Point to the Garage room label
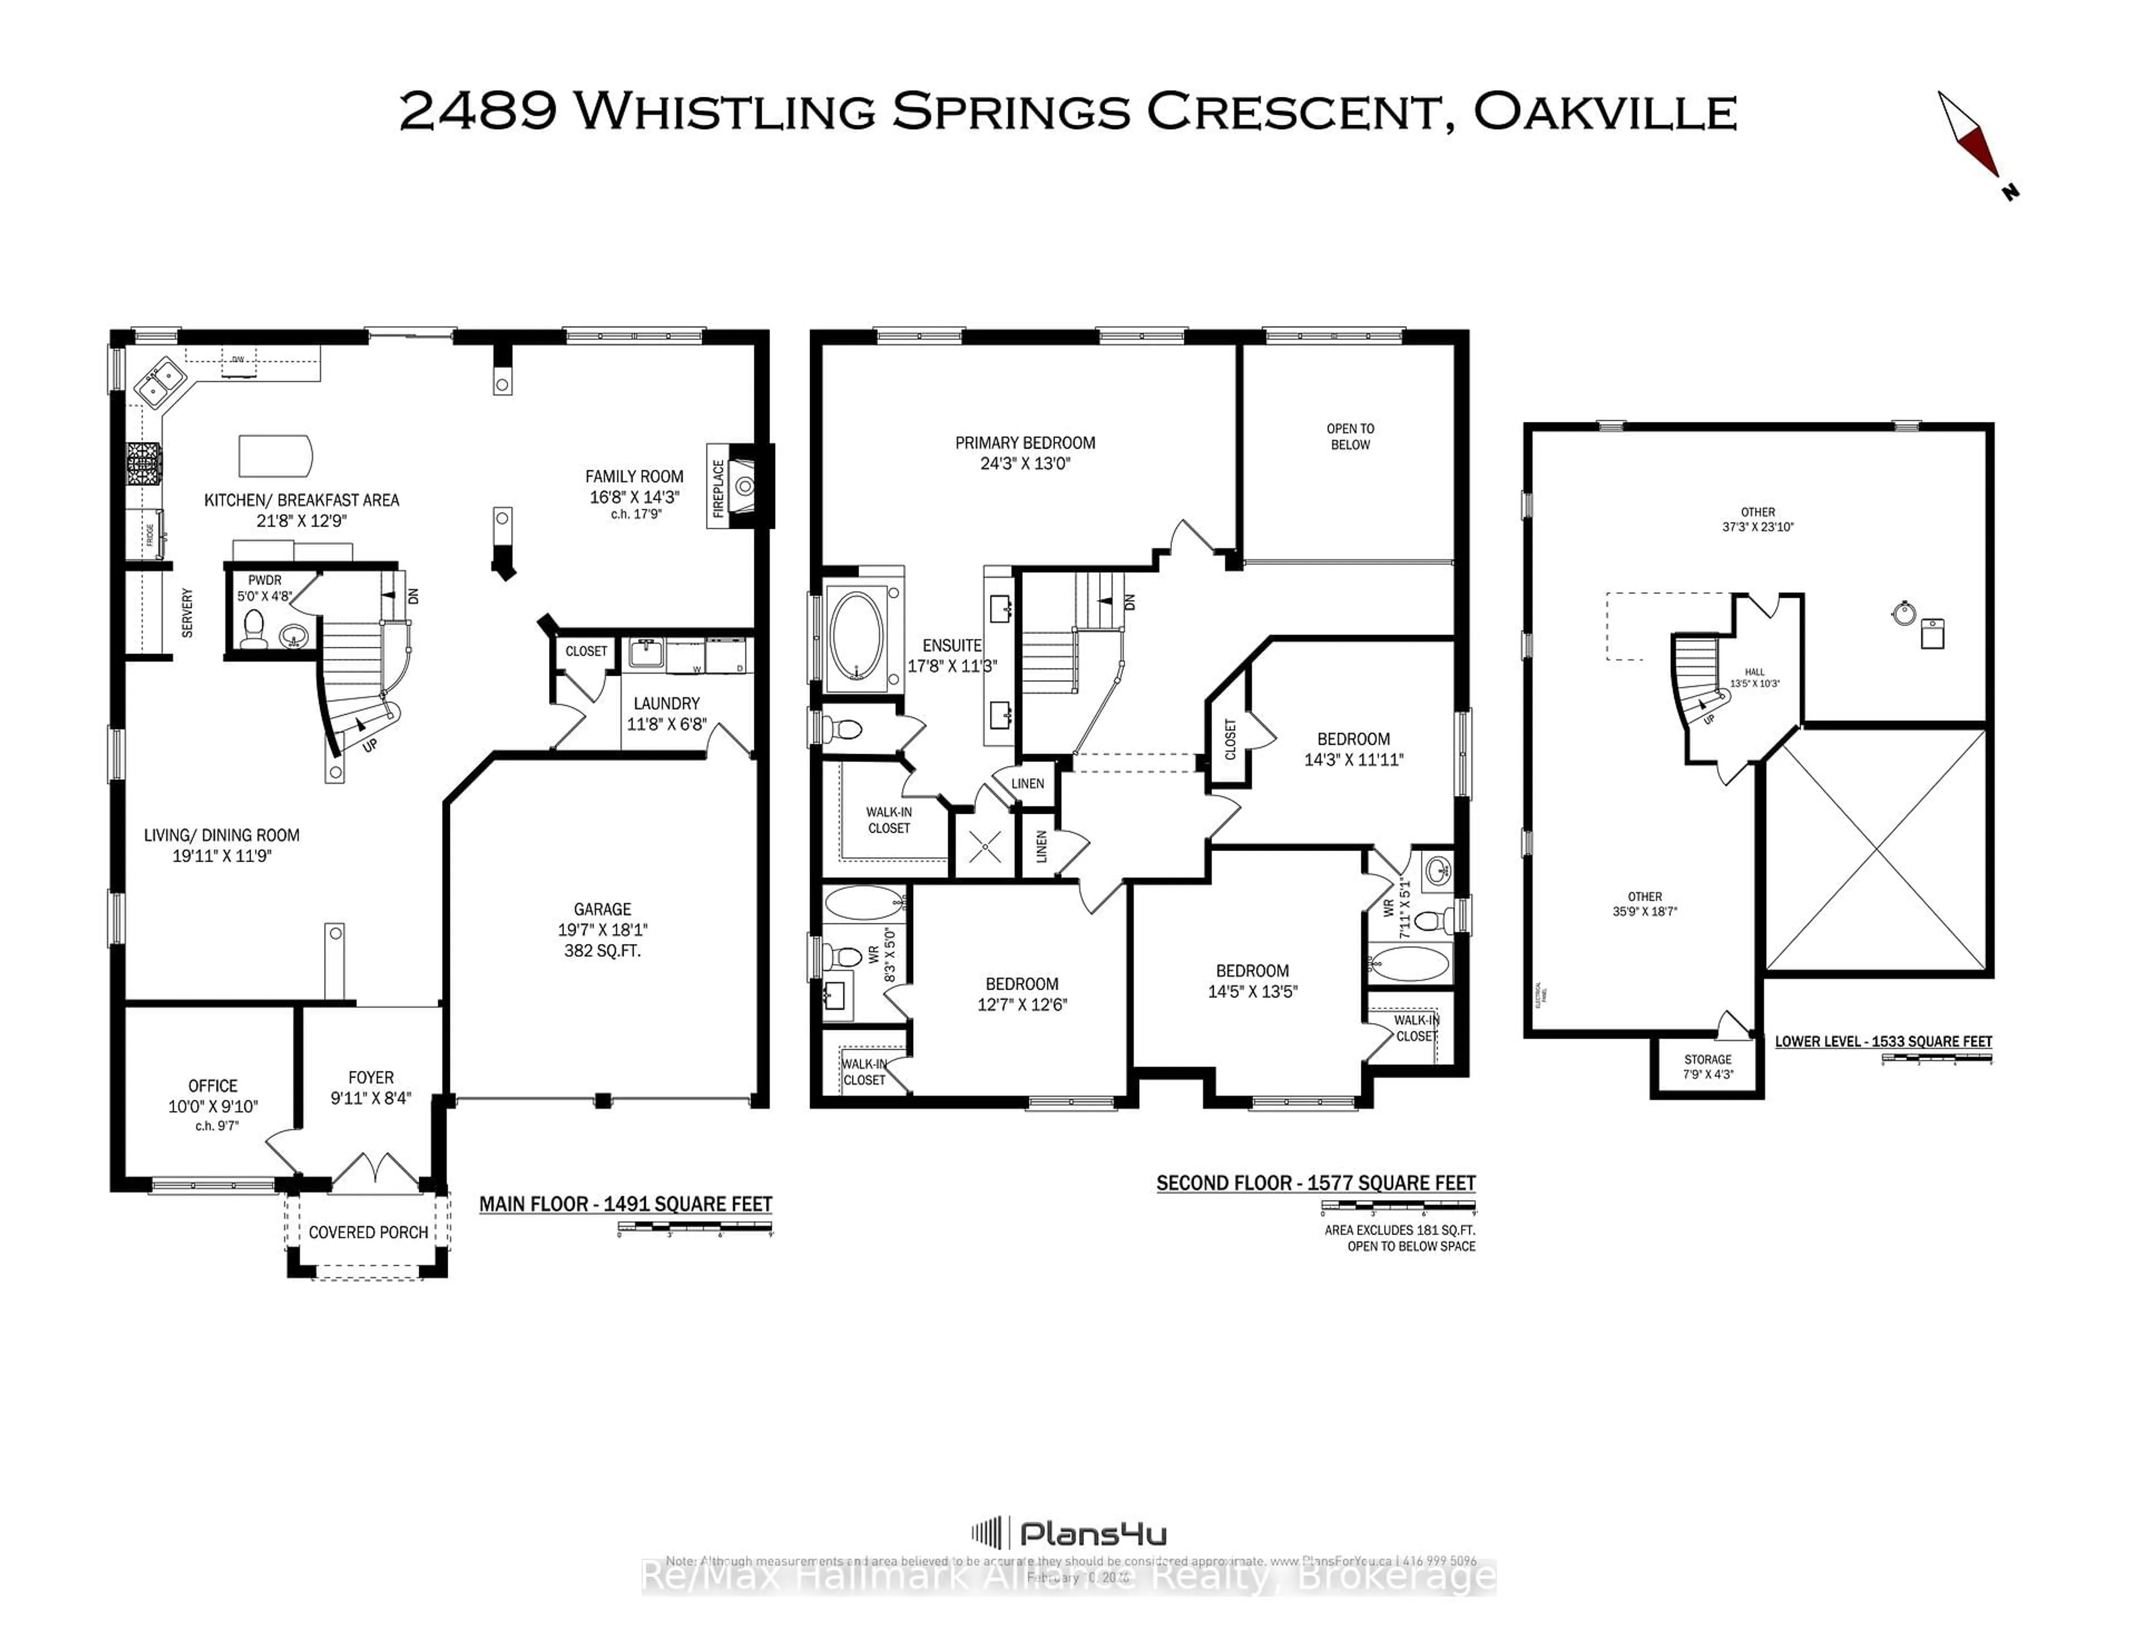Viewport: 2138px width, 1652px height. tap(602, 909)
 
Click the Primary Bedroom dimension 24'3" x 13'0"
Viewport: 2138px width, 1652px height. tap(1025, 464)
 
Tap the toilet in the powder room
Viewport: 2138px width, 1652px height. tap(253, 628)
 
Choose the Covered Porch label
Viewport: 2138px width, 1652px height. tap(368, 1232)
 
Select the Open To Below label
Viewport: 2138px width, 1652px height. tap(1350, 436)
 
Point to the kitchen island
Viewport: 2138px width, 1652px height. tap(275, 455)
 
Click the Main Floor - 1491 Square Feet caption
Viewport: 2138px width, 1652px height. tap(626, 1204)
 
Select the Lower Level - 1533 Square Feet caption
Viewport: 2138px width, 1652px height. tap(1882, 1041)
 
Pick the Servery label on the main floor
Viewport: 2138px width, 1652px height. tap(187, 613)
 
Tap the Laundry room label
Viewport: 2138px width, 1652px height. tap(666, 704)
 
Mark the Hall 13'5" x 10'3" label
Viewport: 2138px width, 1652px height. tap(1754, 678)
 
